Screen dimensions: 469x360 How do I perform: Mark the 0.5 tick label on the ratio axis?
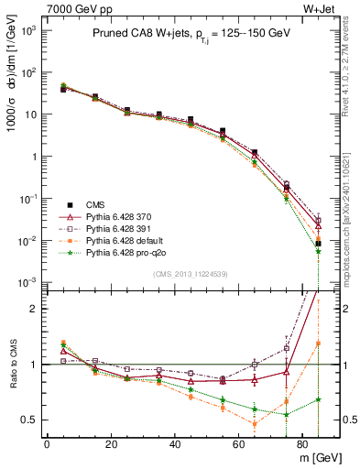point(27,420)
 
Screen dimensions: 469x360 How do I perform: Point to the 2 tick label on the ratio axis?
point(31,309)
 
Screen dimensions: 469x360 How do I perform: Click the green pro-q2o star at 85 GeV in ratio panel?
point(318,399)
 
